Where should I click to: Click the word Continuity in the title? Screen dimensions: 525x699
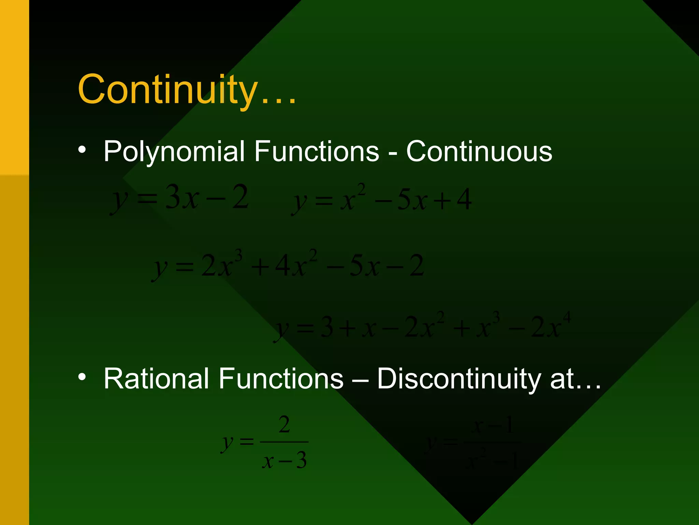pos(167,90)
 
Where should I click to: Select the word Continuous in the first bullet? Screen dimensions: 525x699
pos(479,151)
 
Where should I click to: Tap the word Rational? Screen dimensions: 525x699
pos(156,378)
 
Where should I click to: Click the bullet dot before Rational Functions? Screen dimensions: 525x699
pos(82,377)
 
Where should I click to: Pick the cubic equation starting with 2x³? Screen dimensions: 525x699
pos(288,266)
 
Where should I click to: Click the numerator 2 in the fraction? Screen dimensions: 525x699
pos(284,425)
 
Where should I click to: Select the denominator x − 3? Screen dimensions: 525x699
pos(284,461)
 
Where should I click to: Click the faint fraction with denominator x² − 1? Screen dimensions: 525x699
pos(474,444)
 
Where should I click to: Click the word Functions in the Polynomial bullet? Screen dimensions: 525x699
pos(317,151)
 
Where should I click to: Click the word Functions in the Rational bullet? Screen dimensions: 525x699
pos(281,378)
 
